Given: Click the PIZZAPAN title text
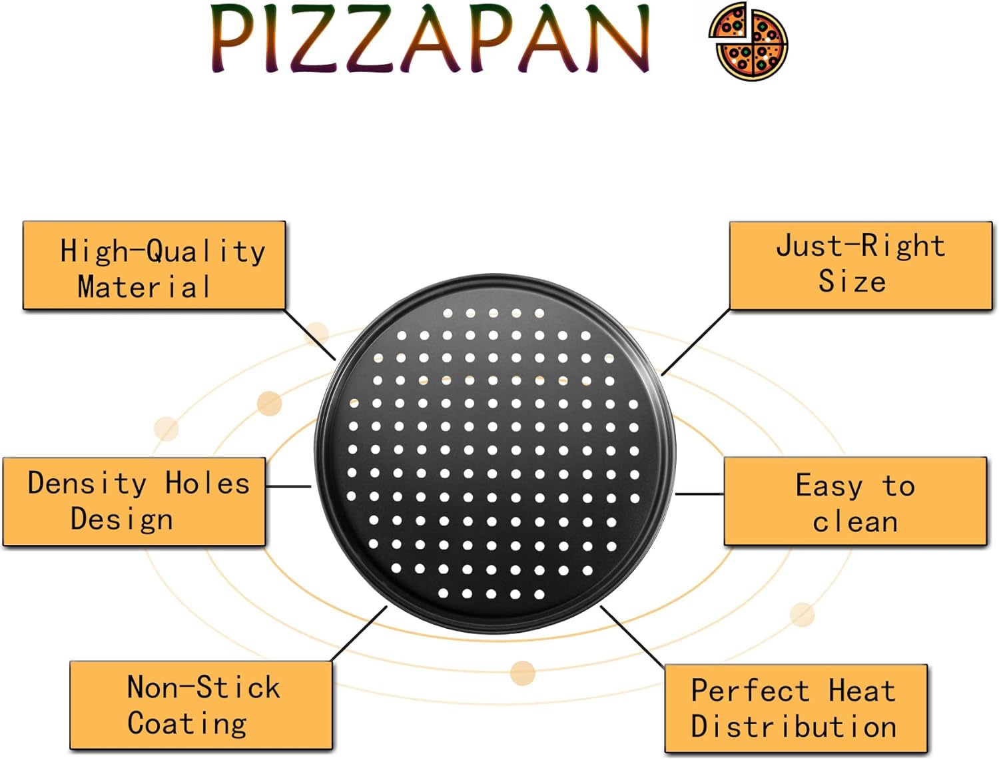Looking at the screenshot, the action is coord(430,39).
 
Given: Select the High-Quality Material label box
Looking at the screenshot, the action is coord(155,265).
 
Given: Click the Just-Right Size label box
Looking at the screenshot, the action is coord(861,266).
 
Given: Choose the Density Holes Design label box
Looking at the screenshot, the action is coord(135,502).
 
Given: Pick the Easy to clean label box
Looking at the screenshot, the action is coord(856,501).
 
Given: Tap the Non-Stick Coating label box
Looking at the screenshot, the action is coord(201,705).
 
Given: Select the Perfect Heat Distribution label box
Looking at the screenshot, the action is coord(796,708).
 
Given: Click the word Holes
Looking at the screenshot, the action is coord(208,483).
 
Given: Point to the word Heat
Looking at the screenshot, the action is coord(862,690).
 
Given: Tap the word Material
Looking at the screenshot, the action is coord(144,286).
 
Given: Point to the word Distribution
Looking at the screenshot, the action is coord(794,726).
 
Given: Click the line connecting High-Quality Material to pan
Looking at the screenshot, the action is coord(310,335).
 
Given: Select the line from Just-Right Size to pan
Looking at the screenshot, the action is coord(695,342).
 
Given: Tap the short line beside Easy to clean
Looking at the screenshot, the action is coord(699,494).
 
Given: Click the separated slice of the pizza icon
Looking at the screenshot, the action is coord(728,21).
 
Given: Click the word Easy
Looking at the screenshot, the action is coord(829,486).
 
